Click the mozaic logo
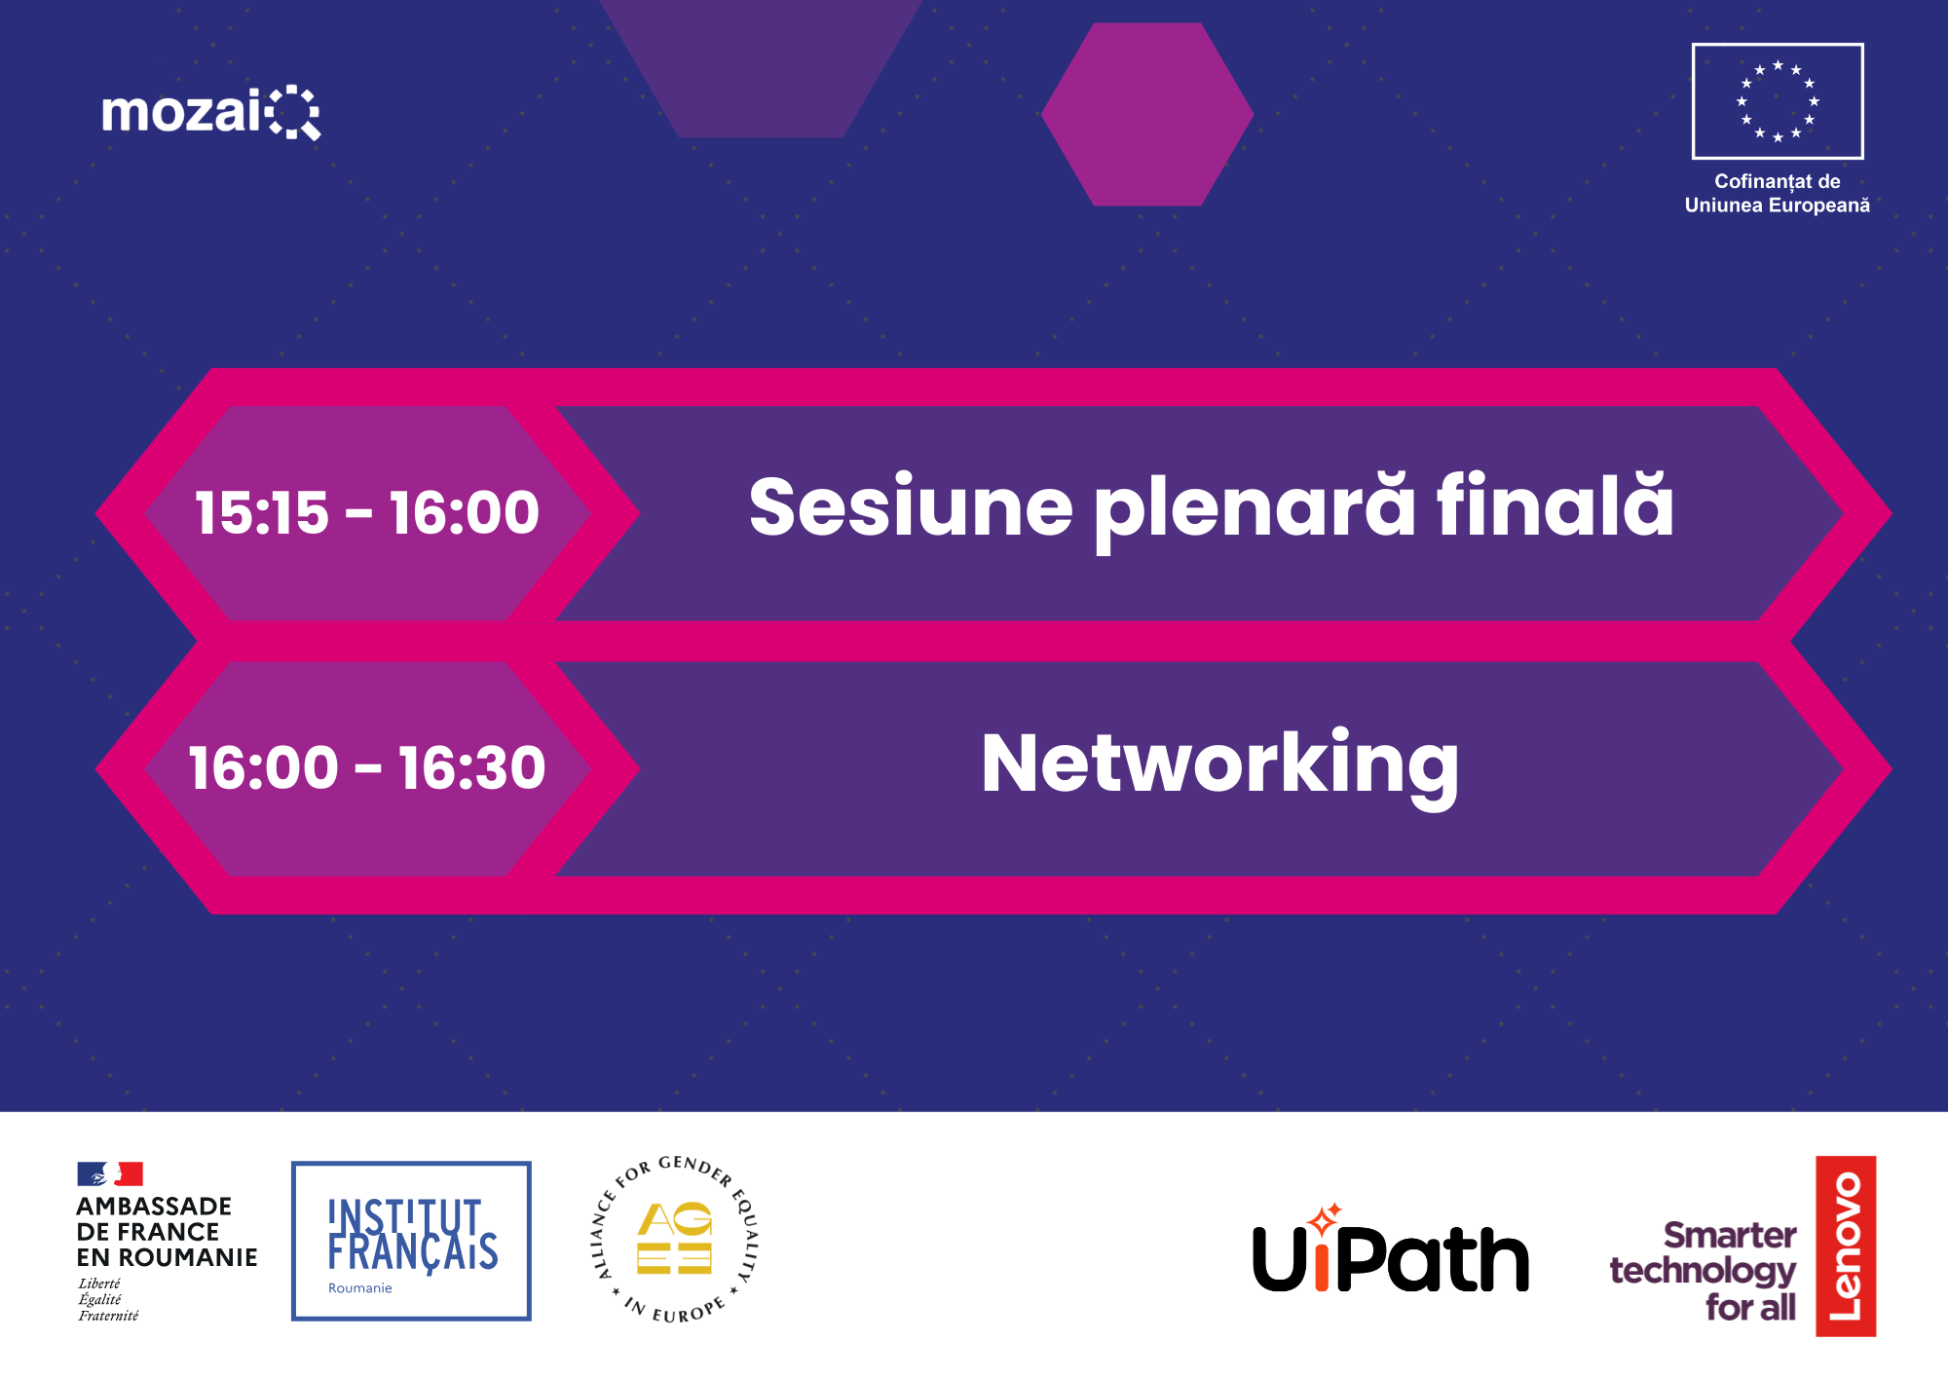(211, 113)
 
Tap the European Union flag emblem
(1778, 101)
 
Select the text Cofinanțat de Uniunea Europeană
(1778, 193)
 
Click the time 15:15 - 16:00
(367, 512)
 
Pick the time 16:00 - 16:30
(367, 767)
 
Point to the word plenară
(1255, 511)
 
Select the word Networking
(1220, 767)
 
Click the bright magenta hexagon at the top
(1147, 114)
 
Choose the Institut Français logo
(411, 1241)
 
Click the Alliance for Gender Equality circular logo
(675, 1239)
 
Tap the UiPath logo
(1391, 1248)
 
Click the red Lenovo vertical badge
(1846, 1247)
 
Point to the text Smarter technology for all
(1704, 1271)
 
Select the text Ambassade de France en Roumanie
(167, 1232)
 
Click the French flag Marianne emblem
(110, 1173)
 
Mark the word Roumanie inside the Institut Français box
(360, 1288)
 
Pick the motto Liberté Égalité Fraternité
(108, 1299)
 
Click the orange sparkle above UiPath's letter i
(1324, 1217)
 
